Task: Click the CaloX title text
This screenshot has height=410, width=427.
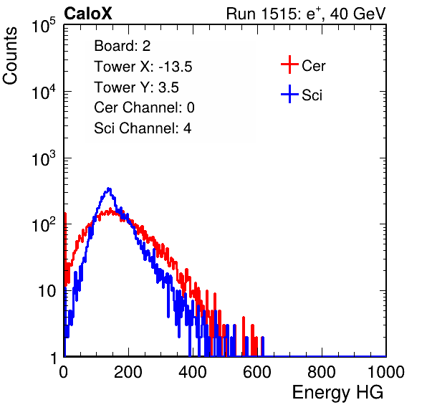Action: pos(88,14)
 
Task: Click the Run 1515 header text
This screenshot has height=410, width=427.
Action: pos(306,14)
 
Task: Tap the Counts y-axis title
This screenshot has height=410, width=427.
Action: pos(10,56)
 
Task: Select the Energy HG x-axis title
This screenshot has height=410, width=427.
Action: pos(337,392)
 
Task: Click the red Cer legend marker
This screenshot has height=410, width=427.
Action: pos(289,65)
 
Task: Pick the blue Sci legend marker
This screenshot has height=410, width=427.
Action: pos(289,94)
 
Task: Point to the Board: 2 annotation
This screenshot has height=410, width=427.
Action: pos(123,46)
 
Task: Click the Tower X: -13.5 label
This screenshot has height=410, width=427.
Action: pos(143,67)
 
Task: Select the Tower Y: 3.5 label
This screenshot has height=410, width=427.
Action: pos(136,87)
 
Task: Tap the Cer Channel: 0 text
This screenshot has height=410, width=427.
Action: pos(144,108)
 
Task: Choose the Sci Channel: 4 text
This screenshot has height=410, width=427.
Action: pos(143,128)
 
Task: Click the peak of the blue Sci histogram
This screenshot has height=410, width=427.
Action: pos(109,189)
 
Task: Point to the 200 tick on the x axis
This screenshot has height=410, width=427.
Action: pos(128,372)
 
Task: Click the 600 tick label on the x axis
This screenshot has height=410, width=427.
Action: pos(257,372)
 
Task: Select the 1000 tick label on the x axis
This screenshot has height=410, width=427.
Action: pos(386,372)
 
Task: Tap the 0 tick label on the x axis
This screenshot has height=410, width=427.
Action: pos(64,372)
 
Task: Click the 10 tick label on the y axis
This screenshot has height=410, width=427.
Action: pos(47,291)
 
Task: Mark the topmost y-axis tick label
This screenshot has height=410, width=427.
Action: pos(44,26)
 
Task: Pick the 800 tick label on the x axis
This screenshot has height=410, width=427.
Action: pos(322,372)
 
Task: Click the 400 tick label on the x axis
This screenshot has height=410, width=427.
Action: pos(193,372)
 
